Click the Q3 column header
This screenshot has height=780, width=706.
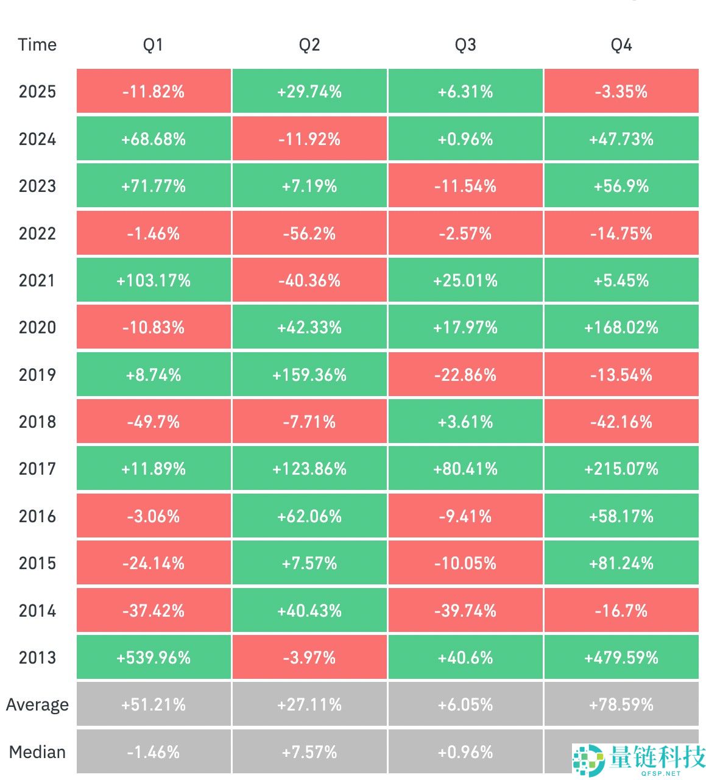(465, 45)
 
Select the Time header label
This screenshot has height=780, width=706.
(37, 45)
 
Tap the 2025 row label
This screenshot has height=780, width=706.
(37, 92)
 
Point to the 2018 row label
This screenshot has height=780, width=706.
(37, 422)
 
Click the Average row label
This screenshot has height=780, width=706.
(37, 705)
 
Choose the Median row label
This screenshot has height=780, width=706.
(37, 752)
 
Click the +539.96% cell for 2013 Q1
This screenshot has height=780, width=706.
(154, 658)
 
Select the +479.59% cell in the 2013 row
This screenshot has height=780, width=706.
(621, 658)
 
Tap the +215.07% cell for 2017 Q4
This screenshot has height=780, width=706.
(621, 469)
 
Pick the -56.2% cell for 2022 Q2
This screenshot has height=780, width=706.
(309, 233)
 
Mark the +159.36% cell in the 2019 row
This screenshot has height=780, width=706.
(309, 375)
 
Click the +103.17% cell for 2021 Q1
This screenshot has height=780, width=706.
(154, 280)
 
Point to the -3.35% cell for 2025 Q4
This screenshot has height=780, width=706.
(621, 92)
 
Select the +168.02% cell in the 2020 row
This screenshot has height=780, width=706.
(621, 328)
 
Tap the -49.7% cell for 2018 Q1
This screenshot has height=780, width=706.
(154, 422)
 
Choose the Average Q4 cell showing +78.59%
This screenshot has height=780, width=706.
(621, 705)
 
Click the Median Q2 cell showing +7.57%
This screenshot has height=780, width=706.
(309, 752)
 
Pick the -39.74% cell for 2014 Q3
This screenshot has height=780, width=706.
(465, 611)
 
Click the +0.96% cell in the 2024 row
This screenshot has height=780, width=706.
(465, 139)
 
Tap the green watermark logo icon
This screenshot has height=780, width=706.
(588, 759)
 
